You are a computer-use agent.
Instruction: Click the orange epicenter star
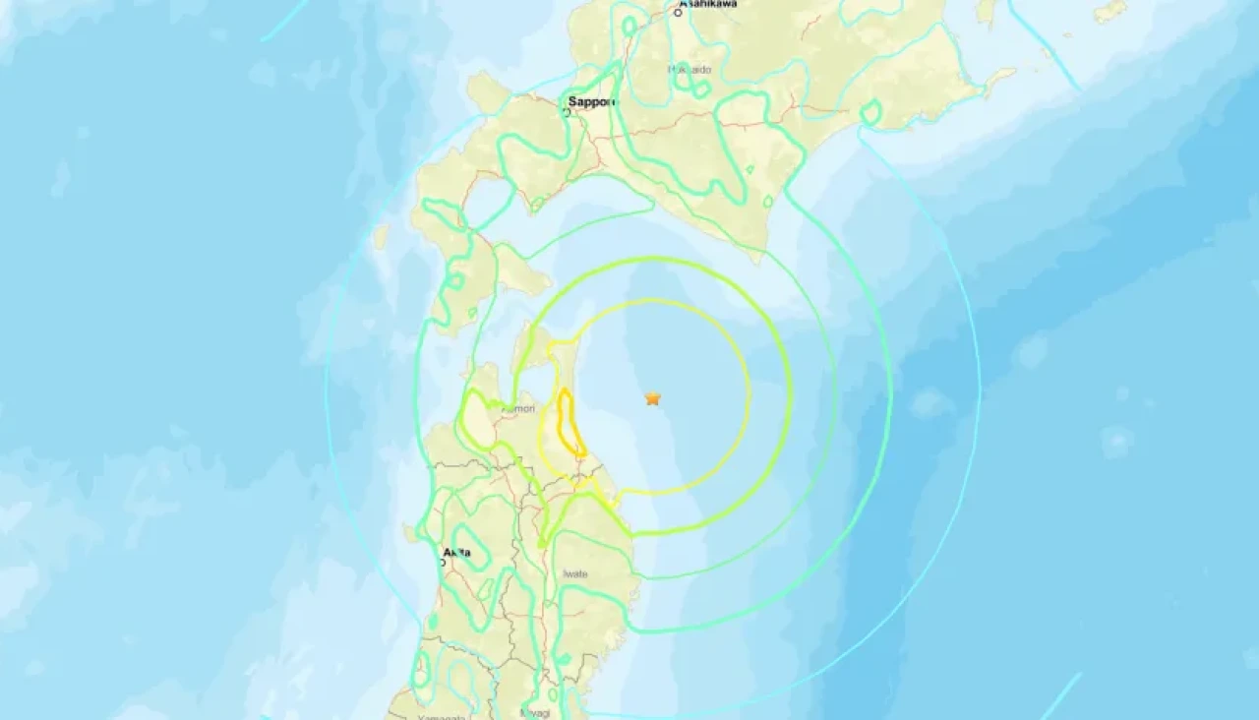(x=652, y=398)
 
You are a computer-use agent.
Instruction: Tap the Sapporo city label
(x=591, y=101)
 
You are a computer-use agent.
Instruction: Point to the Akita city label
(x=456, y=553)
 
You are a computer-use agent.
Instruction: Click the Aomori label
(x=518, y=408)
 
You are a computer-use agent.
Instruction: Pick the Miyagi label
(x=536, y=713)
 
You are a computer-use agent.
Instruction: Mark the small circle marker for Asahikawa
(x=679, y=13)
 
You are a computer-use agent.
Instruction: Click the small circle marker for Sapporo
(x=567, y=113)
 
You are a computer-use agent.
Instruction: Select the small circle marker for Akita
(x=443, y=563)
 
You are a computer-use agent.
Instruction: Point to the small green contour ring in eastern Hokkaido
(x=870, y=113)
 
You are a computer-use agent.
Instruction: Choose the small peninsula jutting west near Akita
(x=408, y=534)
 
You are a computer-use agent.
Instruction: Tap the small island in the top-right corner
(x=1110, y=11)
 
